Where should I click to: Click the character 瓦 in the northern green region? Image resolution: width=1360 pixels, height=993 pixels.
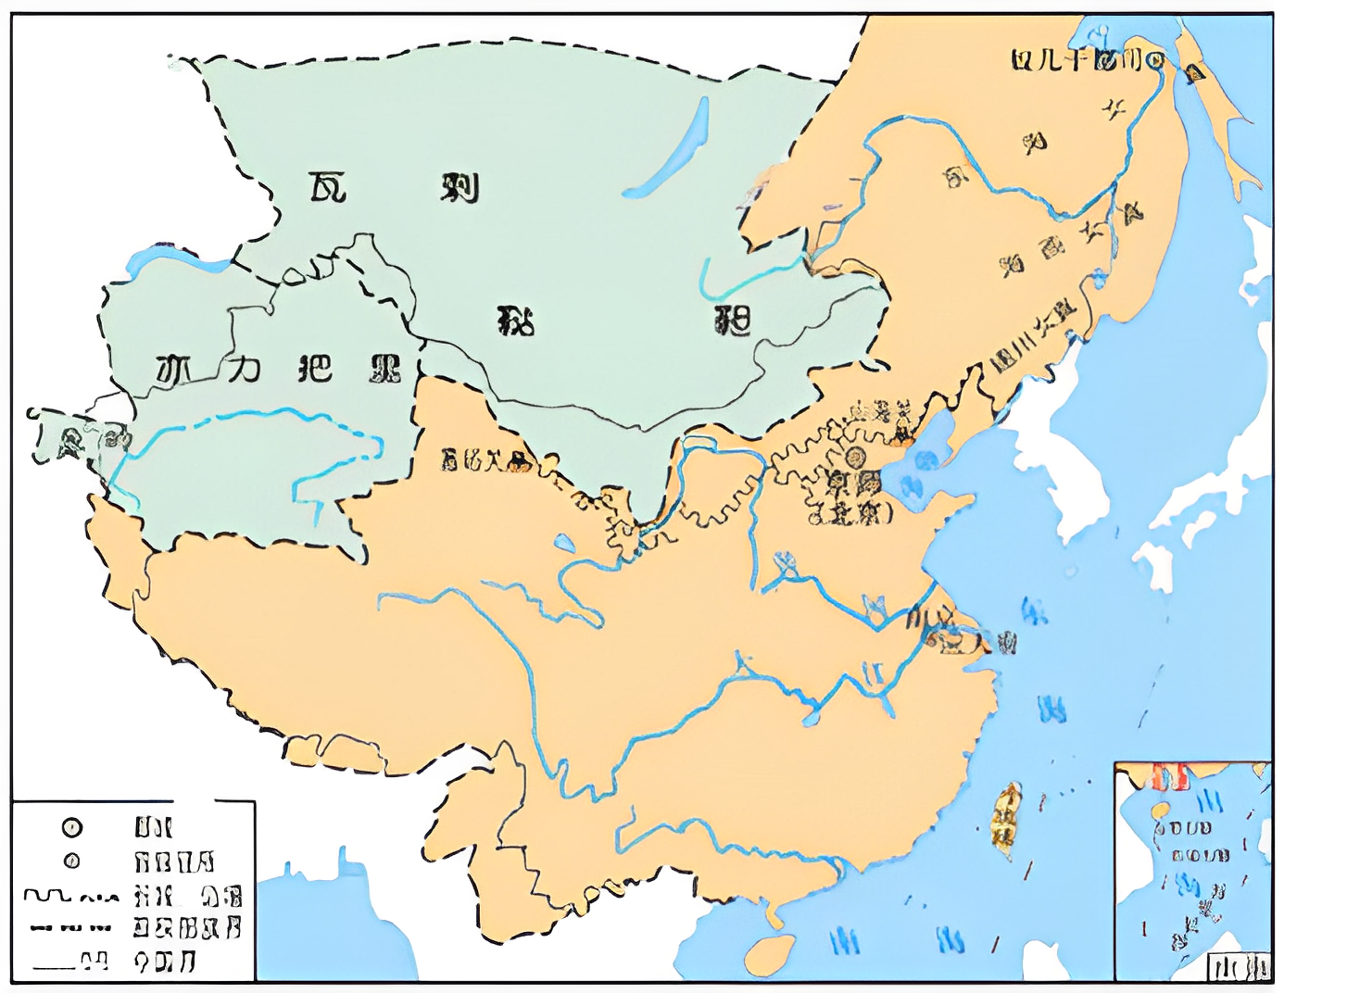tap(327, 187)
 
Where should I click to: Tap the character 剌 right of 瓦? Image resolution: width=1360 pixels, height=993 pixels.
tap(459, 187)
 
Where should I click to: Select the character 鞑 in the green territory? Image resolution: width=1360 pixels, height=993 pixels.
tap(516, 321)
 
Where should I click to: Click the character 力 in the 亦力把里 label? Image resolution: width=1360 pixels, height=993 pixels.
tap(244, 369)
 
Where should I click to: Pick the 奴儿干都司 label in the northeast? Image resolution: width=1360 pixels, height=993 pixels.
tap(1077, 61)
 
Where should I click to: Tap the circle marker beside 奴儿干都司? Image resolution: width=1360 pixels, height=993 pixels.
tap(1154, 61)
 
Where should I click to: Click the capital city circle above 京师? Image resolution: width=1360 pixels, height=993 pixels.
tap(854, 457)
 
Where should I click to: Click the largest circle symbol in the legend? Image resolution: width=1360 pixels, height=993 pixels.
tap(71, 827)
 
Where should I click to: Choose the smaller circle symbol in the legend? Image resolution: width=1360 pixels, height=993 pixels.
tap(71, 861)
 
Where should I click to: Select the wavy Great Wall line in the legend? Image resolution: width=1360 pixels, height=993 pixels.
tap(70, 896)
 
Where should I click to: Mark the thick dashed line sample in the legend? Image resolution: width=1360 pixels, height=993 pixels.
tap(70, 927)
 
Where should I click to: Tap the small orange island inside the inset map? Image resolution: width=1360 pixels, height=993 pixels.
tap(1160, 809)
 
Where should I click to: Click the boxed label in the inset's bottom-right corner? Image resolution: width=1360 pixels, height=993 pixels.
tap(1239, 968)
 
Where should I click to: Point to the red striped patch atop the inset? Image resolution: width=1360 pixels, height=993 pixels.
tap(1169, 776)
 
